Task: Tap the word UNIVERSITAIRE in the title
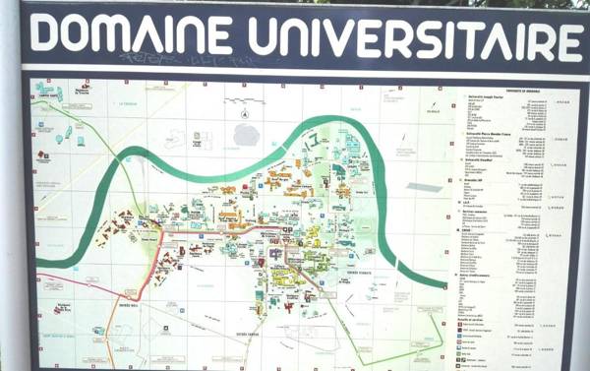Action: click(413, 39)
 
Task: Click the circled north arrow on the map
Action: click(242, 129)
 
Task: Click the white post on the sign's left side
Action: click(9, 197)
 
